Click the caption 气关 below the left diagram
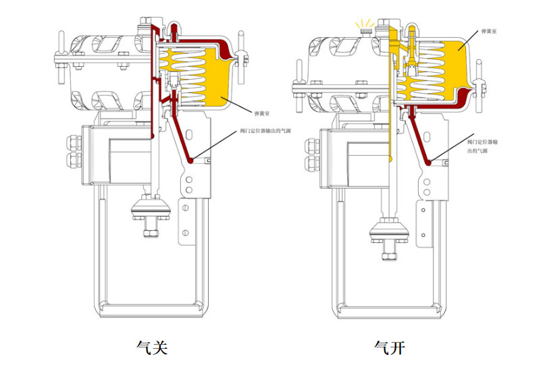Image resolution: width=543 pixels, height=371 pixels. [x=151, y=347]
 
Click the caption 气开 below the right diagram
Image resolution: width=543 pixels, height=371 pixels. [x=390, y=347]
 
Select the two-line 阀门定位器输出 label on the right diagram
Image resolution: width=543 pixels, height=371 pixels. [x=486, y=148]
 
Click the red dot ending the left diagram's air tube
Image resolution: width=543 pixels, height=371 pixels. [x=192, y=161]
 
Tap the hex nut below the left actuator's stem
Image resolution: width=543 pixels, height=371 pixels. [x=149, y=233]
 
